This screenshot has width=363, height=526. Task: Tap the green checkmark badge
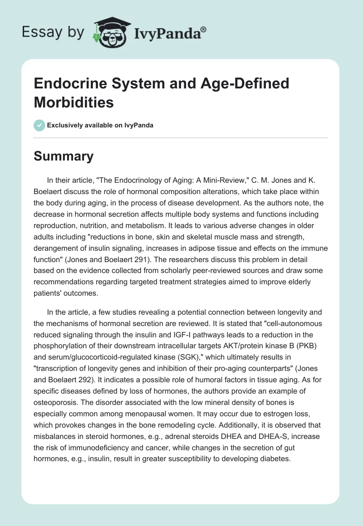[x=39, y=125]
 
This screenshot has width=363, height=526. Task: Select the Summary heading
[x=64, y=156]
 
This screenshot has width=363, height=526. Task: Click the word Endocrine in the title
[x=63, y=83]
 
